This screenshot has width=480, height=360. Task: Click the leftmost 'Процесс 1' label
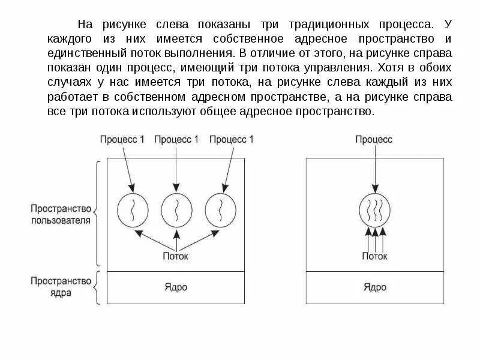[x=122, y=139]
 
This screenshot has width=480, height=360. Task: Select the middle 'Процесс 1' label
[x=176, y=139]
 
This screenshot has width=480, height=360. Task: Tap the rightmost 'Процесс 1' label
[x=232, y=139]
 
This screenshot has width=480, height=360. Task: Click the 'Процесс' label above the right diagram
[x=373, y=139]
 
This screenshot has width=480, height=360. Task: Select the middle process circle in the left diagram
[x=176, y=211]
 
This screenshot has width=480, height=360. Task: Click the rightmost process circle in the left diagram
[x=220, y=211]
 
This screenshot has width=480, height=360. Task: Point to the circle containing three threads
[x=375, y=211]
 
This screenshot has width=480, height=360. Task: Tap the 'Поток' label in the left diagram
[x=176, y=256]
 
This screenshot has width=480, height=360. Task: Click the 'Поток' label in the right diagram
[x=374, y=256]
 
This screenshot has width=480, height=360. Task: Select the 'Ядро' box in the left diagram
[x=176, y=287]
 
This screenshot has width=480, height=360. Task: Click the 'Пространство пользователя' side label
[x=61, y=215]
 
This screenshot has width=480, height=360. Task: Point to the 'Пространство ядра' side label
[x=61, y=287]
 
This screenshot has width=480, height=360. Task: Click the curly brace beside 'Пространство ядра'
[x=97, y=287]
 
